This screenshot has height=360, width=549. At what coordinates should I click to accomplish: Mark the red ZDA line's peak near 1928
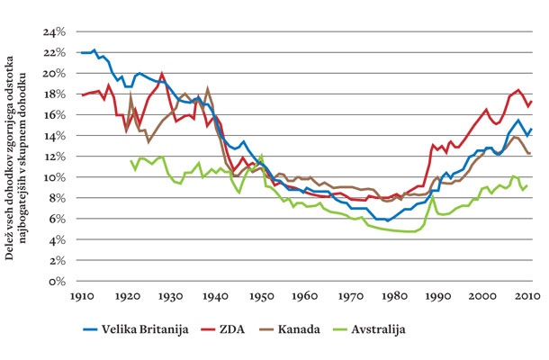162,74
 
